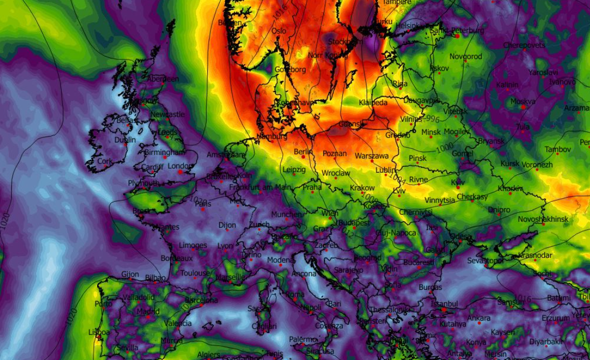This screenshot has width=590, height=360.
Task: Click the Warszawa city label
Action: pyautogui.click(x=371, y=156)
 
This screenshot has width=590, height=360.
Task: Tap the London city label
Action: pyautogui.click(x=180, y=166)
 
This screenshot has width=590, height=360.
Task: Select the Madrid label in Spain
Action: pyautogui.click(x=148, y=311)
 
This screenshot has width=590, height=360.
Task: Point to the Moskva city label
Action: pyautogui.click(x=523, y=101)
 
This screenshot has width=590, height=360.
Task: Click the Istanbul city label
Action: pyautogui.click(x=445, y=304)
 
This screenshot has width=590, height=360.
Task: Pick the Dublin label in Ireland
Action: pyautogui.click(x=125, y=140)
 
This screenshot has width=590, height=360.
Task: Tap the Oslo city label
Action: pyautogui.click(x=279, y=31)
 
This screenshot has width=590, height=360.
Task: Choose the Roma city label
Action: pyautogui.click(x=295, y=295)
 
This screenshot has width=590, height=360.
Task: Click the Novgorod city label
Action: pyautogui.click(x=466, y=56)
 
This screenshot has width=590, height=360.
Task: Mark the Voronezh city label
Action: pyautogui.click(x=537, y=165)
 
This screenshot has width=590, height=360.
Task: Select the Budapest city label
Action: pyautogui.click(x=354, y=222)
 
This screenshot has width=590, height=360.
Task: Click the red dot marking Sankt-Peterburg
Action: pyautogui.click(x=457, y=36)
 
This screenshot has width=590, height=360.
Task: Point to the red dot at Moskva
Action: pyautogui.click(x=523, y=107)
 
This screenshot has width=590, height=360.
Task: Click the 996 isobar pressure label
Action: pyautogui.click(x=431, y=118)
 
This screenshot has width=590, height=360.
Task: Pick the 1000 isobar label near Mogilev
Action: pyautogui.click(x=445, y=147)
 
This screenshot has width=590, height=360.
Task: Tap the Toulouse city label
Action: pyautogui.click(x=195, y=273)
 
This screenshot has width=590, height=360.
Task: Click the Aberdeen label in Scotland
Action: pyautogui.click(x=162, y=79)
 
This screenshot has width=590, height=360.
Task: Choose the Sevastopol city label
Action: pyautogui.click(x=485, y=261)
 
